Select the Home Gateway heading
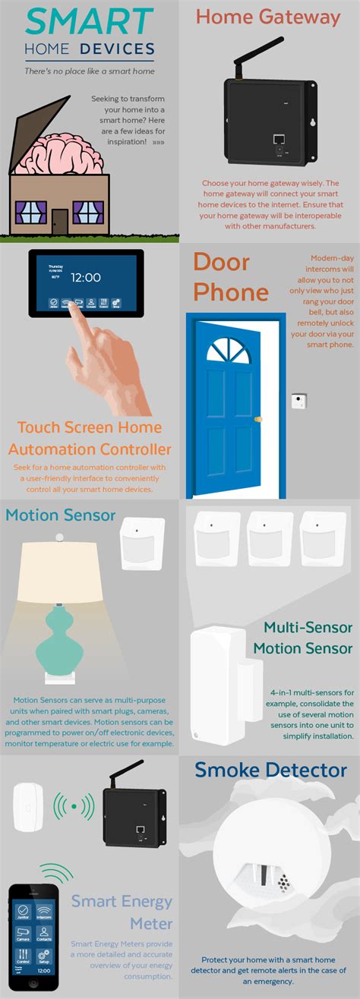point(267,17)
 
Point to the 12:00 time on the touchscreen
point(86,278)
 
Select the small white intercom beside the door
point(299,401)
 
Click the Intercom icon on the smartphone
point(44,910)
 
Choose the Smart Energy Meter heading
point(122,913)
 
